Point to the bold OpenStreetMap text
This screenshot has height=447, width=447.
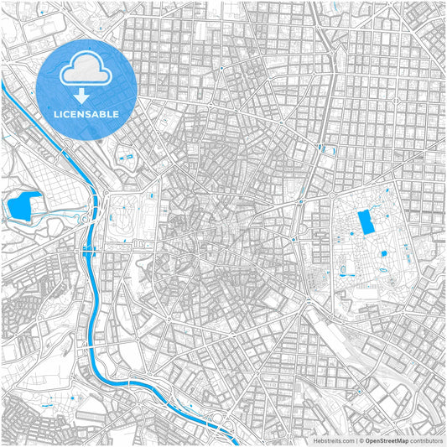(x=387, y=439)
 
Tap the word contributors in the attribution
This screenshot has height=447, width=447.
(x=426, y=439)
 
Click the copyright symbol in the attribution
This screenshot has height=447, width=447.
(x=361, y=439)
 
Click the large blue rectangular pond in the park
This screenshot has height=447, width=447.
(x=366, y=223)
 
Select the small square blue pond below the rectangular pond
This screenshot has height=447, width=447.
(x=383, y=253)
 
